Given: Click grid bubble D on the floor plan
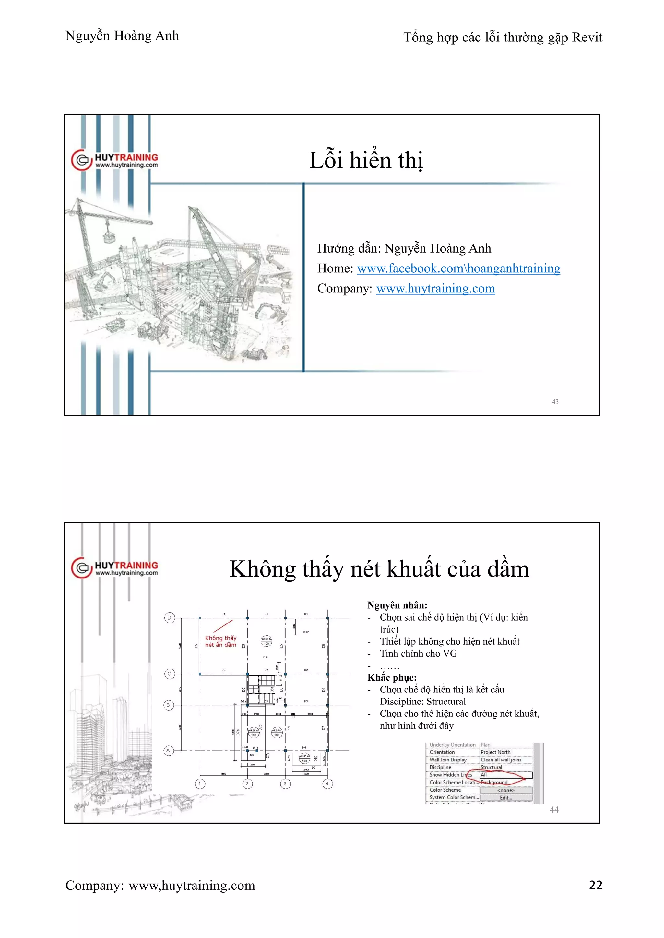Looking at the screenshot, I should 169,618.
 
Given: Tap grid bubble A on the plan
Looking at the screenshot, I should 168,750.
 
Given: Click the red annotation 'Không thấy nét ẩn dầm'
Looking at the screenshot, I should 221,641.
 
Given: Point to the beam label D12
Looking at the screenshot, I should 306,632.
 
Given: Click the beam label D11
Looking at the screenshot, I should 266,657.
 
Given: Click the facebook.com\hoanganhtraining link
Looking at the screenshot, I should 458,269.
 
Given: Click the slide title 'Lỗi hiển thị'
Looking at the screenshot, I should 366,160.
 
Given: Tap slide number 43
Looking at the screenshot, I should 555,402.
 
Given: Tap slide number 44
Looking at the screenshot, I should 554,809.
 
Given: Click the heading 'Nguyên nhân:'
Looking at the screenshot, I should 397,605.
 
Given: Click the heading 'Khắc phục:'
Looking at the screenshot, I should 392,677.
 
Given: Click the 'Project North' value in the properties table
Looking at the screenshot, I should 495,752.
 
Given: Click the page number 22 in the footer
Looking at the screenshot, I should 595,885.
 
